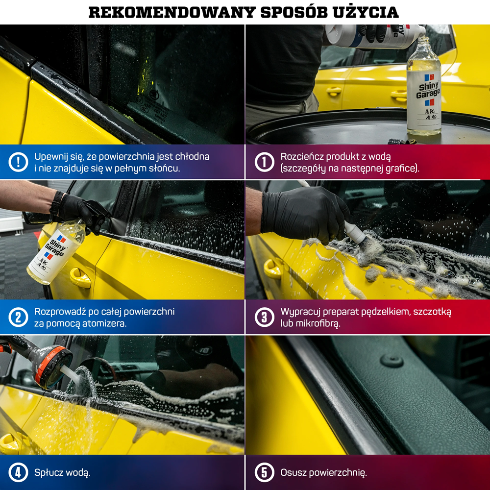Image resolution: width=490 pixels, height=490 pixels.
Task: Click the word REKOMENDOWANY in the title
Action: click(172, 13)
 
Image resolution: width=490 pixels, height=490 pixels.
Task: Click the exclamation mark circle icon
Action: click(18, 162)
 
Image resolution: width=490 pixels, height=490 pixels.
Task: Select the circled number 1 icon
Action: click(265, 162)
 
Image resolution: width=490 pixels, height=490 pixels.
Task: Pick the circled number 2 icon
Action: click(18, 317)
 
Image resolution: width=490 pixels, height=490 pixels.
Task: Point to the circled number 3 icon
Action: click(265, 317)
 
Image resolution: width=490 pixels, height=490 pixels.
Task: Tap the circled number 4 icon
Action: click(18, 472)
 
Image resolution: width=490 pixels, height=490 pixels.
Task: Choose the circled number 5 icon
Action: click(265, 472)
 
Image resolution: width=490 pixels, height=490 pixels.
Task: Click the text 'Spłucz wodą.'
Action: click(62, 473)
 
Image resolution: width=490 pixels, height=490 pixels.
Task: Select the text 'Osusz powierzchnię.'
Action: click(323, 473)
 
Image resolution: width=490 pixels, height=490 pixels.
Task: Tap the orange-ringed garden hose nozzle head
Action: click(53, 366)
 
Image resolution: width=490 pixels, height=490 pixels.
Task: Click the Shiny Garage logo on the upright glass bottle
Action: click(429, 90)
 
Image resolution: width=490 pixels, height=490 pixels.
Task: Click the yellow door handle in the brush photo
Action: click(272, 269)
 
